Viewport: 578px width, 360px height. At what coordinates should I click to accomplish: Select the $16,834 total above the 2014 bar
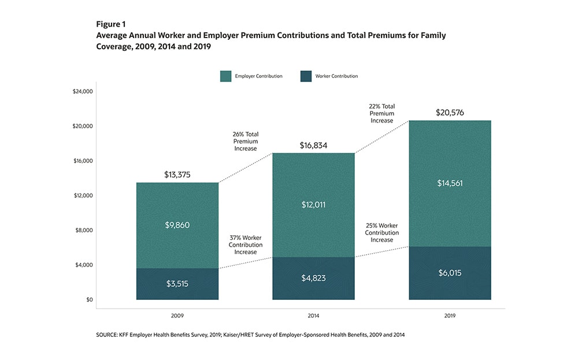pyautogui.click(x=313, y=146)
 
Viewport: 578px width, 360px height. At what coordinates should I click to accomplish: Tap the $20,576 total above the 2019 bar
pyautogui.click(x=450, y=113)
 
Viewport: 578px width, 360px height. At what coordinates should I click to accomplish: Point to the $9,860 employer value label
pyautogui.click(x=177, y=225)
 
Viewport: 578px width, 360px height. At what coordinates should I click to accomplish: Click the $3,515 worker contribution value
pyautogui.click(x=177, y=284)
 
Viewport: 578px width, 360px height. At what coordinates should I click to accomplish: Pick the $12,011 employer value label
pyautogui.click(x=313, y=205)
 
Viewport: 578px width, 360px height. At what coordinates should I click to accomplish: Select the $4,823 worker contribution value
pyautogui.click(x=313, y=278)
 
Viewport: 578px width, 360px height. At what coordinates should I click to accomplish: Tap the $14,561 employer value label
pyautogui.click(x=450, y=183)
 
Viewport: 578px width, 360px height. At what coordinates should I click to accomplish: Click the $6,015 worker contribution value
pyautogui.click(x=450, y=273)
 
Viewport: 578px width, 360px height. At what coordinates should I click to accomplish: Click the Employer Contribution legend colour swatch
pyautogui.click(x=225, y=76)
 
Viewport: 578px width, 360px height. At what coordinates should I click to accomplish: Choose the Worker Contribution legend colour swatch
pyautogui.click(x=306, y=76)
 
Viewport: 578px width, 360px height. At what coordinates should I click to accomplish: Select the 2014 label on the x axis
pyautogui.click(x=313, y=316)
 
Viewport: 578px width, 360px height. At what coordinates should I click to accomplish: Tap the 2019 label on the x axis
pyautogui.click(x=450, y=316)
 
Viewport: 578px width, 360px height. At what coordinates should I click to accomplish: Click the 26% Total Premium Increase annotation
pyautogui.click(x=246, y=141)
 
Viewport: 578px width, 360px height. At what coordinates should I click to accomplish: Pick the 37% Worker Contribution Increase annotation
pyautogui.click(x=246, y=245)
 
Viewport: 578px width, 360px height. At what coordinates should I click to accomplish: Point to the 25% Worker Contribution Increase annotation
pyautogui.click(x=382, y=232)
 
